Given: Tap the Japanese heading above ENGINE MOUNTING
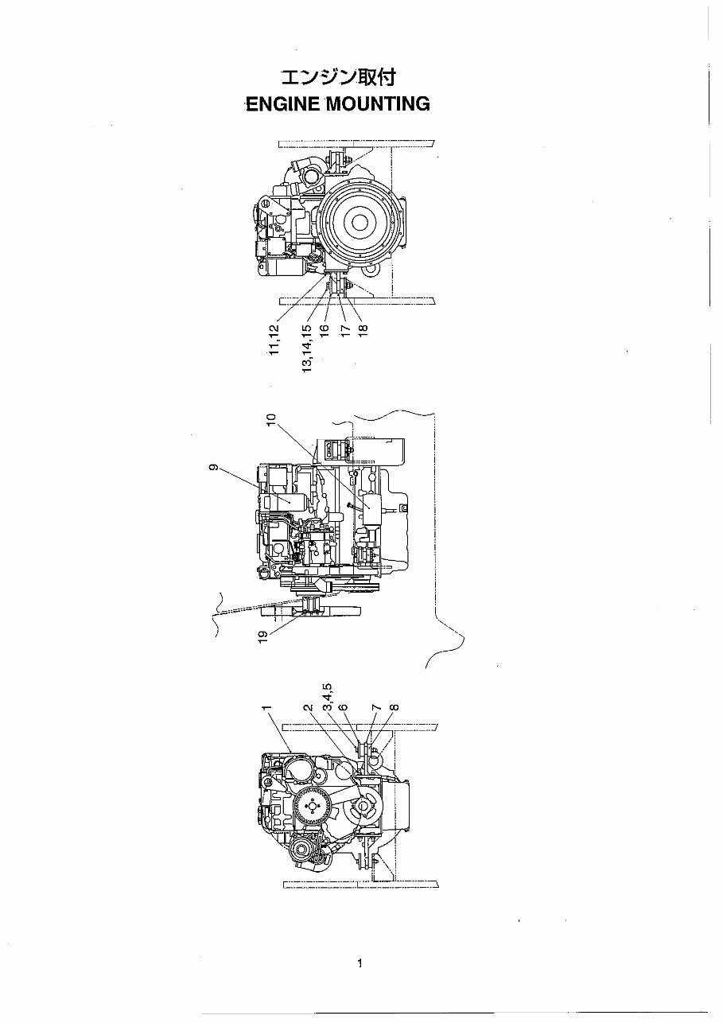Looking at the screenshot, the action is click(337, 78).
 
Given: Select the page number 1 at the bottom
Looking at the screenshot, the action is click(360, 963).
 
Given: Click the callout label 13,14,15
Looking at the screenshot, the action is click(307, 348).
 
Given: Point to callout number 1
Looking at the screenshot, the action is click(267, 707).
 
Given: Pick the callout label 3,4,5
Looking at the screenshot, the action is click(326, 695).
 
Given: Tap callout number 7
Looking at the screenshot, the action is click(377, 707).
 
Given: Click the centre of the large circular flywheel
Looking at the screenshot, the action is click(359, 220).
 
